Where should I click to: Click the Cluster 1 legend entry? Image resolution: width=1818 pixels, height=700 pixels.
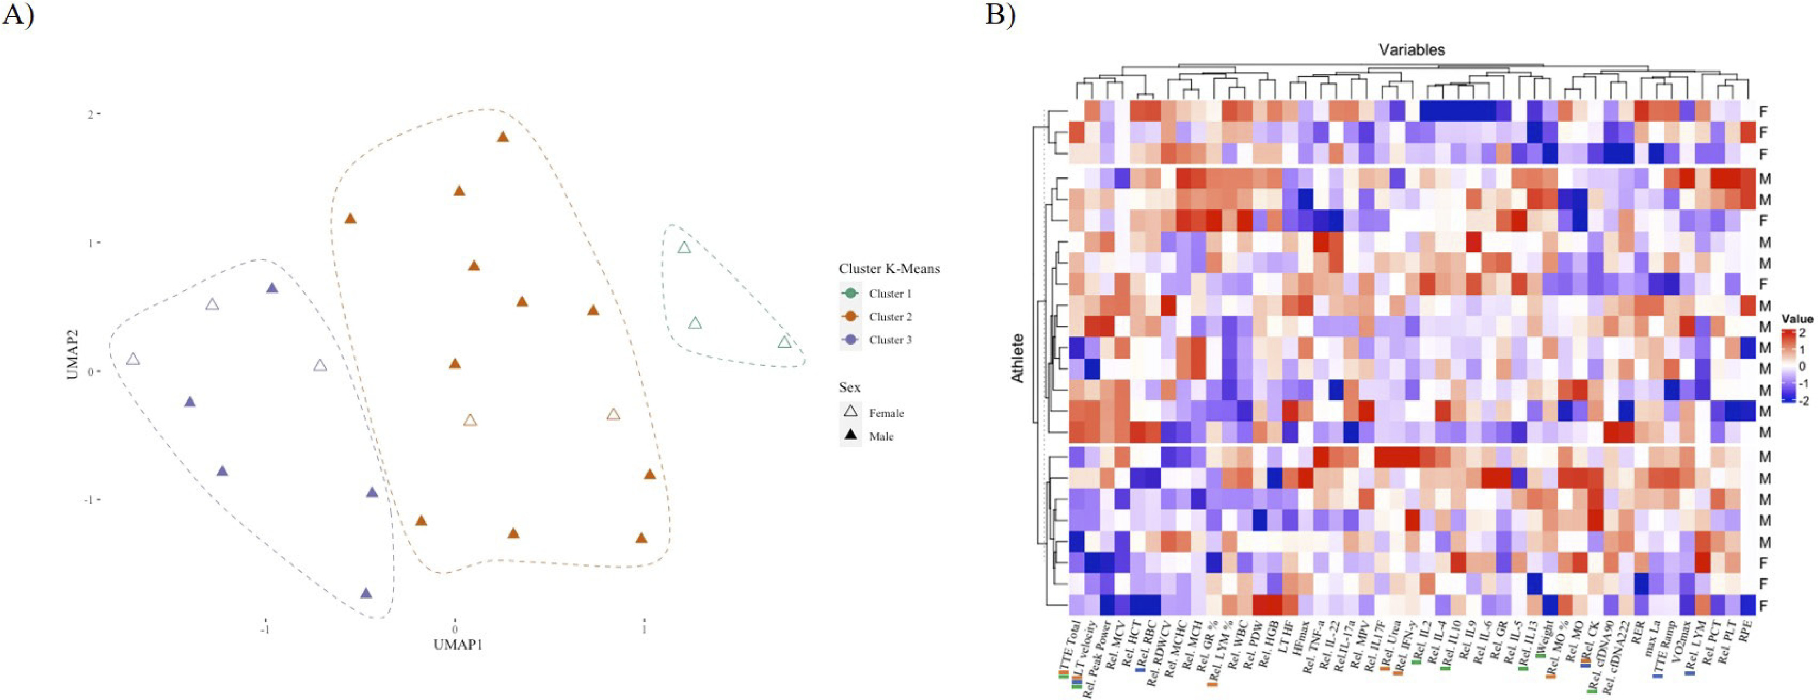click(x=889, y=294)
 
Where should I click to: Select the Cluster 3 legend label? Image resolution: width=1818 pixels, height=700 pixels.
click(x=889, y=340)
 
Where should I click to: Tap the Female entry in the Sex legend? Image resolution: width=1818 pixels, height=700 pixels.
click(x=886, y=413)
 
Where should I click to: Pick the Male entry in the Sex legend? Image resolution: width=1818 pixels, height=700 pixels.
click(x=881, y=437)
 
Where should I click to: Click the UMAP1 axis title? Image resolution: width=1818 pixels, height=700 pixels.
click(x=459, y=644)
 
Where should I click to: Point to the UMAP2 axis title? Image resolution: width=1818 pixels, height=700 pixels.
click(x=73, y=354)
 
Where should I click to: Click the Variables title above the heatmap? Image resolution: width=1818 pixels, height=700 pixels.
click(x=1412, y=50)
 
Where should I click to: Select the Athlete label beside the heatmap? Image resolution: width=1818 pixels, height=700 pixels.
click(x=1018, y=359)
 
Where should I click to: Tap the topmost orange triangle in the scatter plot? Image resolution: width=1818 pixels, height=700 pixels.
click(x=503, y=137)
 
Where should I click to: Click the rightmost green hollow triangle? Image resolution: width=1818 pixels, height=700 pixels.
click(x=784, y=342)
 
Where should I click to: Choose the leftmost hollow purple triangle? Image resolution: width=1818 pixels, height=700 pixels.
click(x=132, y=360)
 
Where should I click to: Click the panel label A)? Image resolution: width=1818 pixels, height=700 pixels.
click(x=18, y=14)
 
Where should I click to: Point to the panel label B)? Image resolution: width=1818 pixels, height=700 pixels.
click(x=1001, y=14)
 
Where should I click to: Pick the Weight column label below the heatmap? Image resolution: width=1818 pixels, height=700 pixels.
click(x=1543, y=639)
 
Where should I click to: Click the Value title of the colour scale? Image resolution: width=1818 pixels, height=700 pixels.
click(x=1796, y=319)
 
